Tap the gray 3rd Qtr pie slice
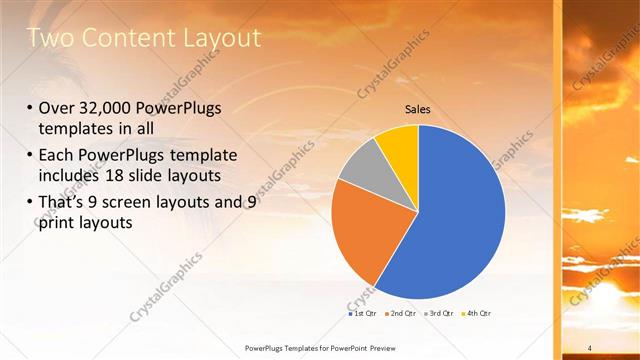coord(361,167)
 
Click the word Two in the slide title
coord(48,38)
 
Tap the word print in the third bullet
coord(58,222)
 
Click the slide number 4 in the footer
coord(590,348)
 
